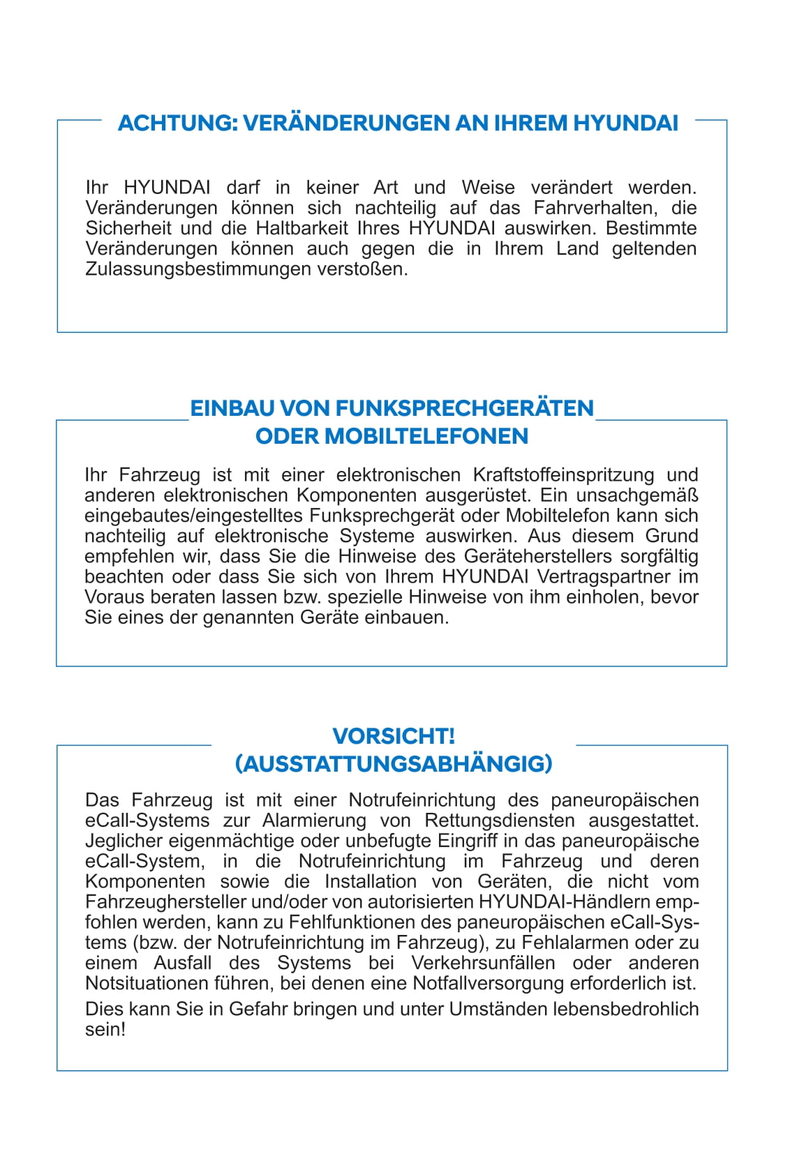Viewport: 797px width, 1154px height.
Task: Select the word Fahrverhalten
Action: point(595,208)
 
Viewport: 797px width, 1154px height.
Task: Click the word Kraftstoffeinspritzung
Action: point(564,475)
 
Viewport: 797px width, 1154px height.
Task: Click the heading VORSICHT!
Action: point(394,736)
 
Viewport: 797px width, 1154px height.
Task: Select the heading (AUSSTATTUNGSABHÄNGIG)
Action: point(394,764)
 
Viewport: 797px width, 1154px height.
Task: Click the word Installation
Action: point(371,881)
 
